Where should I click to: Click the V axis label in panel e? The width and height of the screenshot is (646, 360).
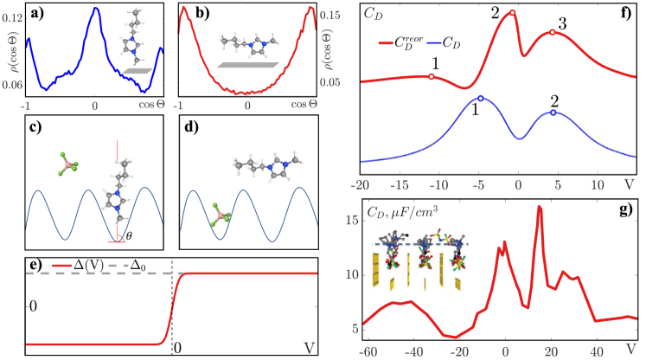coord(308,347)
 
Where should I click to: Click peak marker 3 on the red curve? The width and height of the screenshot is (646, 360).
coord(553,33)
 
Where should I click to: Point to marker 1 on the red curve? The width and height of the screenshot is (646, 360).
coord(432,76)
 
